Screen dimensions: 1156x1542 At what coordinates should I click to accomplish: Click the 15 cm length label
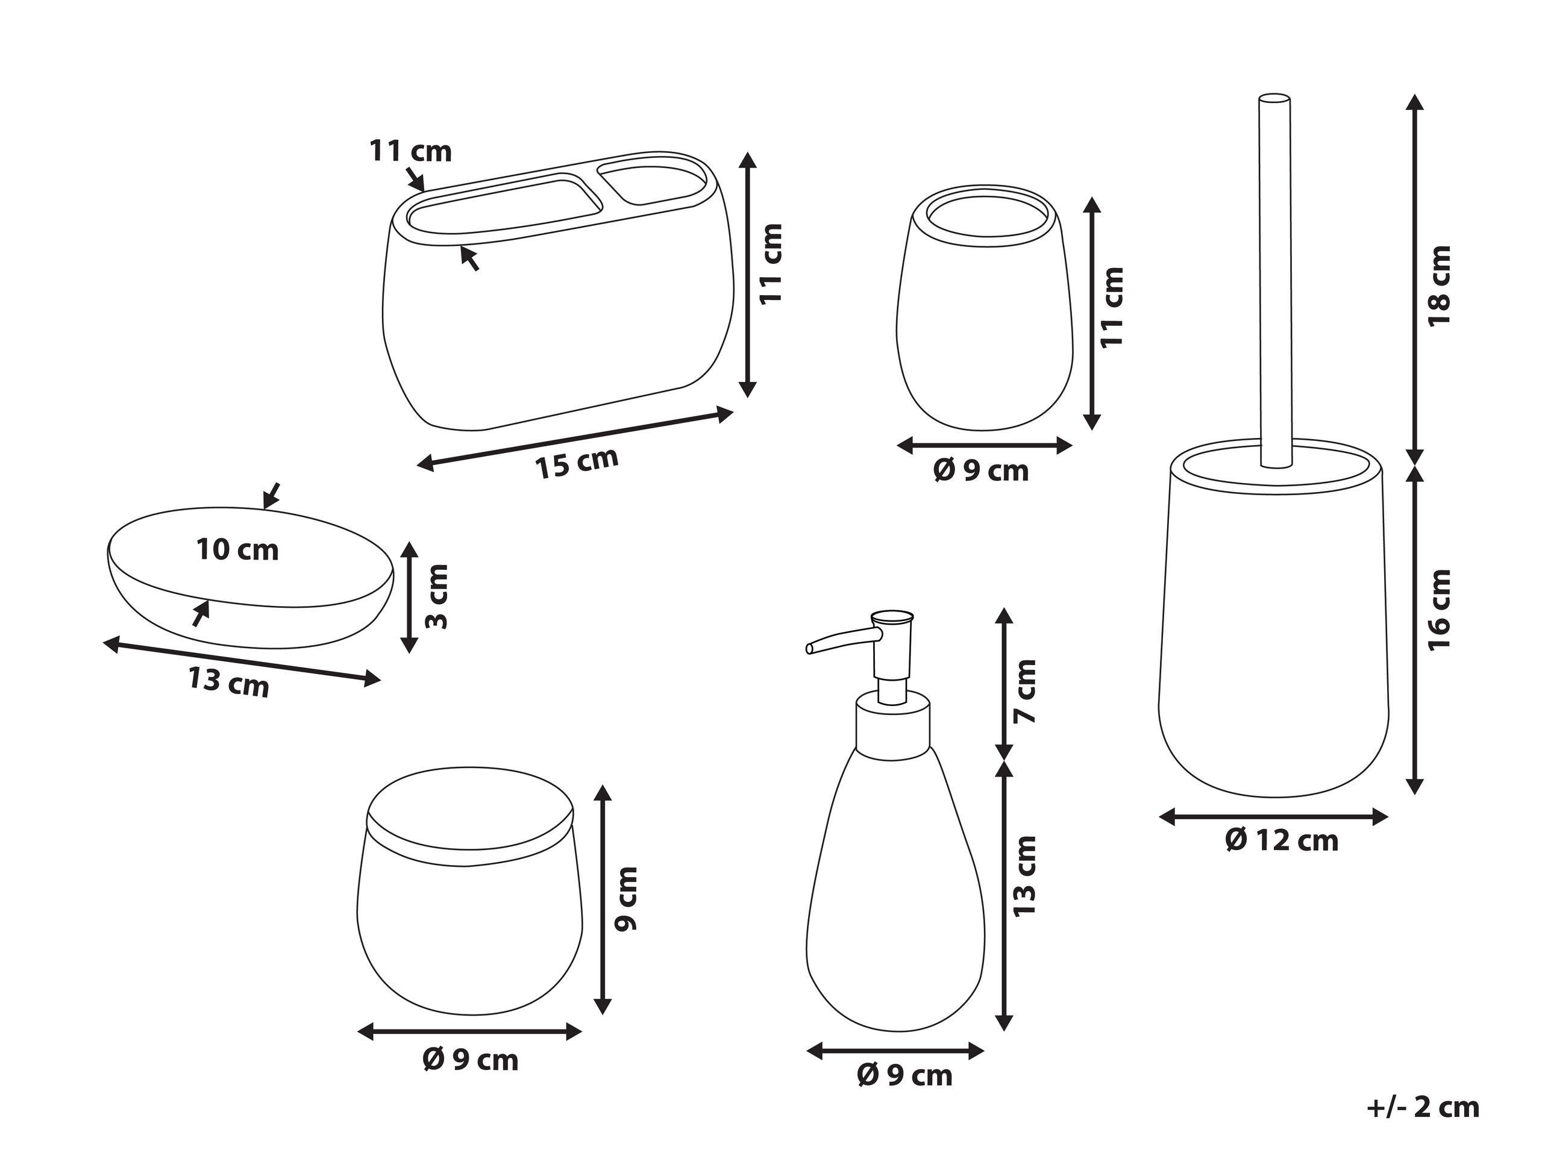(577, 463)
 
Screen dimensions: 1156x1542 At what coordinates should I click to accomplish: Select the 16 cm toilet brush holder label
(1439, 610)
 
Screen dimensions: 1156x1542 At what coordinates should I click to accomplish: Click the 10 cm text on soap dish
(237, 550)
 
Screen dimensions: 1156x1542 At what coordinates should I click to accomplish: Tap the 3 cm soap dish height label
(437, 596)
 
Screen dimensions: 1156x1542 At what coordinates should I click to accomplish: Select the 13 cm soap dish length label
(228, 682)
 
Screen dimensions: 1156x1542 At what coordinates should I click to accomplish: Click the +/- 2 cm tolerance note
(1422, 1107)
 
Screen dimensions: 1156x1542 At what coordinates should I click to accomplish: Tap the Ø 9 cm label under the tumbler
(981, 472)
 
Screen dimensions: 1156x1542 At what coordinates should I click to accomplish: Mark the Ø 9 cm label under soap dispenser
(904, 1076)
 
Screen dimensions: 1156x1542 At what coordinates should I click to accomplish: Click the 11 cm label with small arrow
(410, 151)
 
